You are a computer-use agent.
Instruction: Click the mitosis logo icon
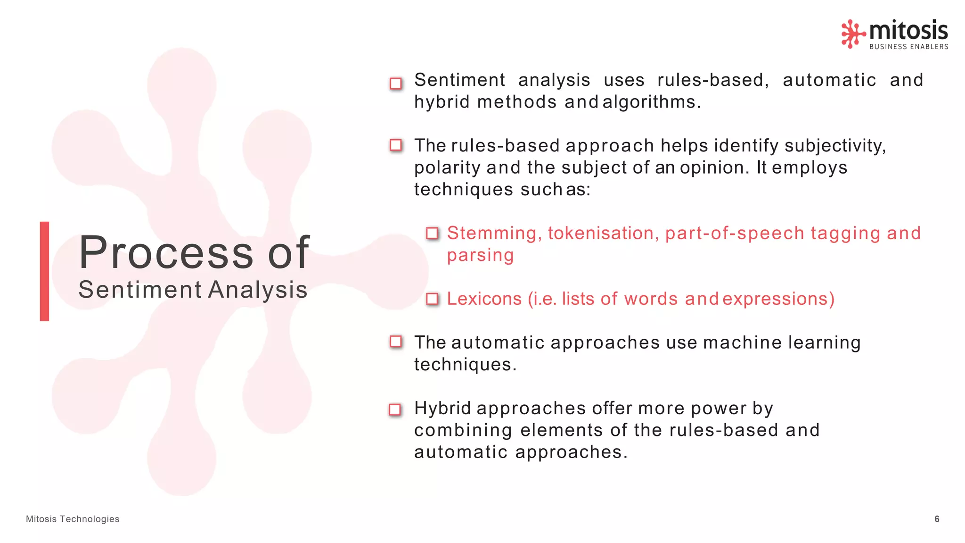click(x=853, y=33)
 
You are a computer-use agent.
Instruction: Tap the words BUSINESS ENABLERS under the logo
click(x=908, y=47)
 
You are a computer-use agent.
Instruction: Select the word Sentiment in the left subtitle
click(x=140, y=290)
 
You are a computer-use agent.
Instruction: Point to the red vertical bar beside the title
click(x=44, y=271)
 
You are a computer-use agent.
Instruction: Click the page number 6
click(x=937, y=519)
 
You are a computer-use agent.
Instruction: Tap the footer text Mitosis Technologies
click(x=73, y=519)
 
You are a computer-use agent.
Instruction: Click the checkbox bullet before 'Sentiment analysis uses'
click(x=396, y=84)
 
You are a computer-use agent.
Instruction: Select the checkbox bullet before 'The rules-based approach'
click(x=396, y=145)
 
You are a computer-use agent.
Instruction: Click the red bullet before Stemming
click(x=432, y=233)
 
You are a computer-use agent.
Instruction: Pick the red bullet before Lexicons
click(x=432, y=299)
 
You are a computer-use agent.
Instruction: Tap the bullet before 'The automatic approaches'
click(x=396, y=342)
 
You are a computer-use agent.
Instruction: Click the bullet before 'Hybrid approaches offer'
click(x=395, y=409)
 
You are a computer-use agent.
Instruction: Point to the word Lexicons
click(x=484, y=299)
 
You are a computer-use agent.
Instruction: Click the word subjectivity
click(x=834, y=146)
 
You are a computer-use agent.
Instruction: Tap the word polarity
click(x=447, y=168)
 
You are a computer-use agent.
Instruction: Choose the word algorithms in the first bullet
click(x=651, y=102)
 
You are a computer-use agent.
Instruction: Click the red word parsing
click(x=480, y=255)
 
